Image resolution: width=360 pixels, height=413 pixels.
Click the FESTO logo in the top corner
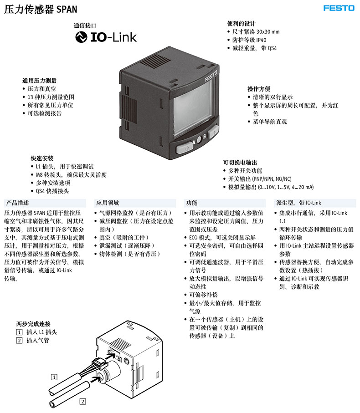[339, 8]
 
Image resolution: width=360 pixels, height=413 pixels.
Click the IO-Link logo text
[113, 37]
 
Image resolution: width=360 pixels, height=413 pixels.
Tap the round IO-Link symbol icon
[81, 37]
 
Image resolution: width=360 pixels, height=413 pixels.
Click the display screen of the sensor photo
[193, 108]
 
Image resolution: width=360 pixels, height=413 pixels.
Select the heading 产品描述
[17, 203]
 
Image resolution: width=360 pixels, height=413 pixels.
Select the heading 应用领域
[108, 203]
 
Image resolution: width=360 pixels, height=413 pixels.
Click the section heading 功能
[191, 203]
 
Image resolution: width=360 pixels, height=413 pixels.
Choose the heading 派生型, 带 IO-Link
[298, 203]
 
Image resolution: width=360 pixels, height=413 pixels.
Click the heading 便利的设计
[241, 24]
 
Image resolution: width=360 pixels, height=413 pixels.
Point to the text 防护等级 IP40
[249, 40]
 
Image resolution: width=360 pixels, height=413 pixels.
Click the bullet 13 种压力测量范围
[51, 97]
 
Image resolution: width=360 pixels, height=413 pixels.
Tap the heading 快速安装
[42, 158]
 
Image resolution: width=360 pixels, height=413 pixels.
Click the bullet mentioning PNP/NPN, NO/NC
[260, 179]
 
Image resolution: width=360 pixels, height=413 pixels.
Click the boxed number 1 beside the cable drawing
[54, 377]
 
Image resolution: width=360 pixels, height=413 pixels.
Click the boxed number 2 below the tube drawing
[83, 402]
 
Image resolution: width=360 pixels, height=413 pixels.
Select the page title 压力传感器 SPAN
[41, 9]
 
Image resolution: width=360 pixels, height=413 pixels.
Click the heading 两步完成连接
[33, 324]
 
